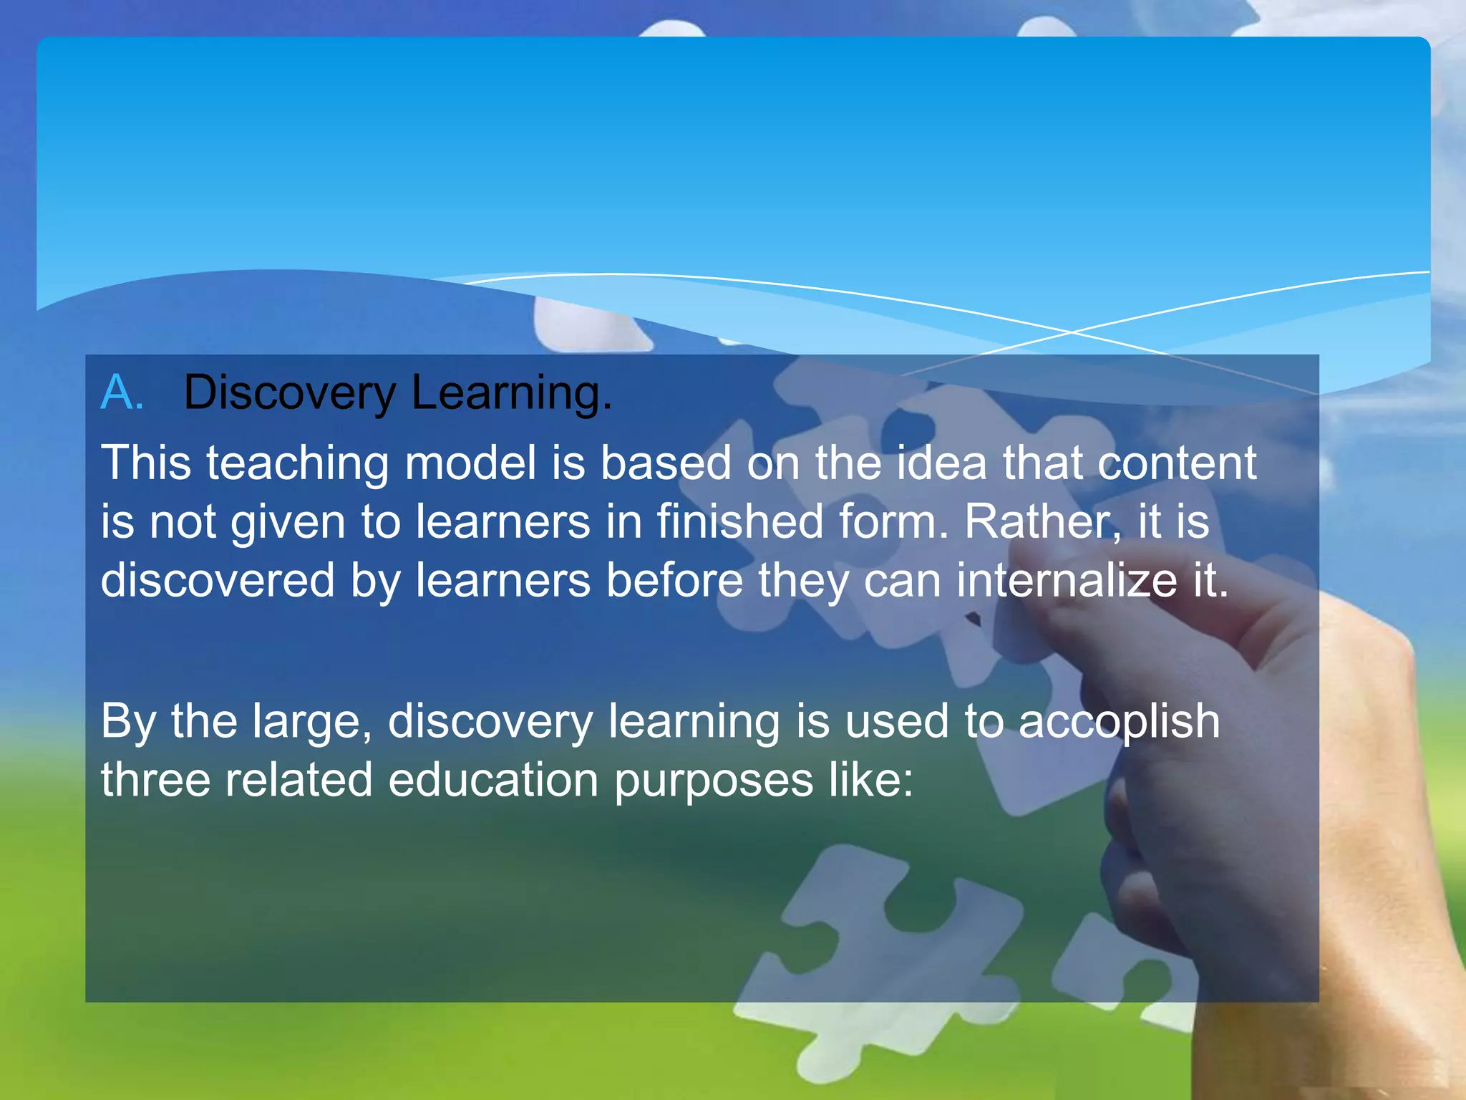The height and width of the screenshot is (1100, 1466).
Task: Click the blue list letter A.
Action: tap(122, 392)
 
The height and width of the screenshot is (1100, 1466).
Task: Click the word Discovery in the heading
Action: tap(289, 393)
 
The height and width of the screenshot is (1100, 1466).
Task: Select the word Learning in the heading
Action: tap(511, 393)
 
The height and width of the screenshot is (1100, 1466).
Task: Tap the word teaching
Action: tap(298, 463)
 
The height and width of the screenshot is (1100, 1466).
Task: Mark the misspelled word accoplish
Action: tap(1118, 721)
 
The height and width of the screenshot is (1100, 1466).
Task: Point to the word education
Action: tap(493, 779)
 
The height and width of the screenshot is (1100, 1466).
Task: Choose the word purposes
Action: tap(714, 781)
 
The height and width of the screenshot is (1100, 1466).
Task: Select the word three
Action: tap(155, 779)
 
